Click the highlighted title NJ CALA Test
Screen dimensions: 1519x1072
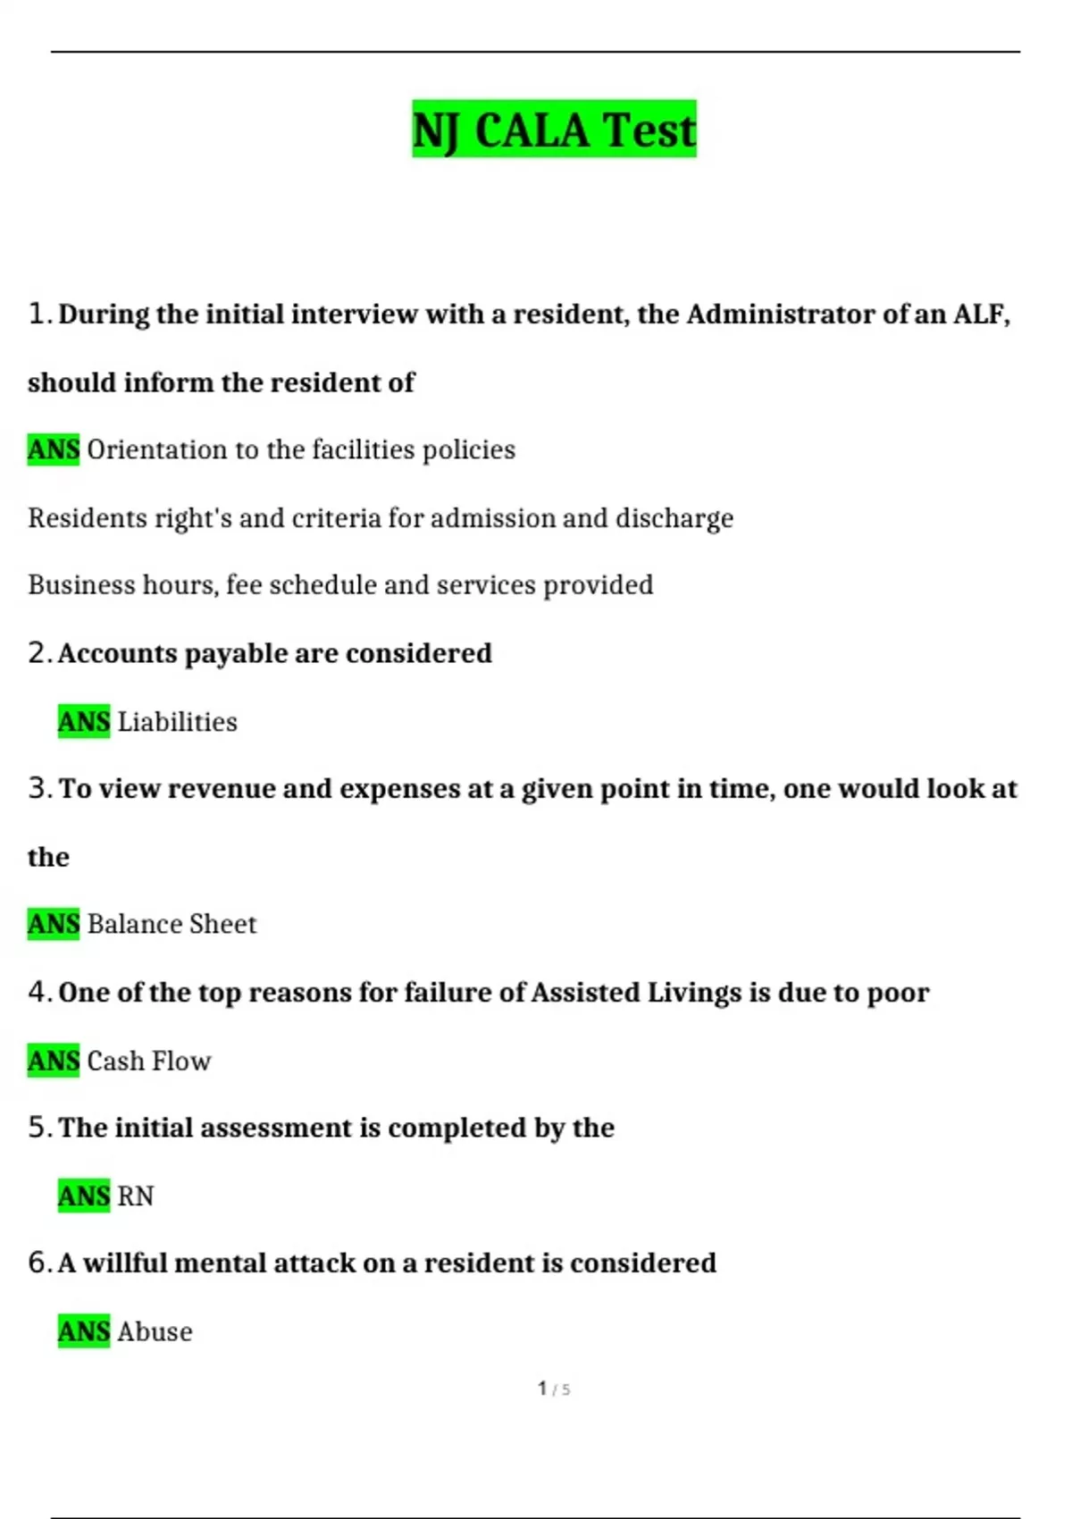(x=554, y=130)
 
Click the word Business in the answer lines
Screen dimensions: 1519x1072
(x=69, y=584)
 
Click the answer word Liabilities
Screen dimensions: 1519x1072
(x=177, y=721)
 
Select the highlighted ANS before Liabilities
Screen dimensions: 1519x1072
(x=84, y=721)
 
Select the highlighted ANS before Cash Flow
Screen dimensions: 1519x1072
(x=54, y=1061)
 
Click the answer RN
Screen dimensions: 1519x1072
(x=136, y=1196)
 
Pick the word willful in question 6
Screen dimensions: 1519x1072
(x=125, y=1263)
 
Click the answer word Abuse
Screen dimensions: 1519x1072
(x=155, y=1331)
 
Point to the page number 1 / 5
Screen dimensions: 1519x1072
(x=554, y=1389)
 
